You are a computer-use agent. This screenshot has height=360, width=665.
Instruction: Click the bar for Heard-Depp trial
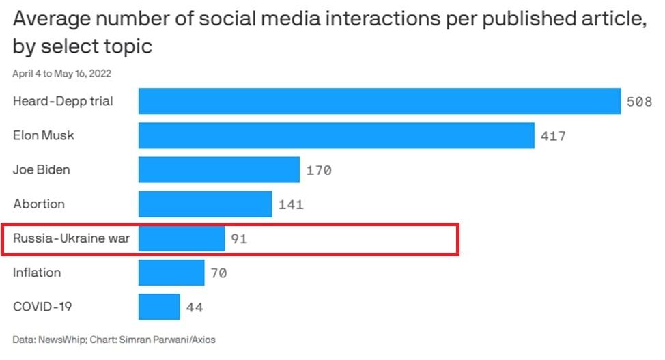click(x=380, y=101)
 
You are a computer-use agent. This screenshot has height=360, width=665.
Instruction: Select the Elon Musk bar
click(x=337, y=135)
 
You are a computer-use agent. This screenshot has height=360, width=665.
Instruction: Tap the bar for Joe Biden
click(x=219, y=170)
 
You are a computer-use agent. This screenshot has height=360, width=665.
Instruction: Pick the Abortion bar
click(x=206, y=204)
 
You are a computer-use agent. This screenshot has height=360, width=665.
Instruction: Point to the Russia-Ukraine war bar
click(x=182, y=238)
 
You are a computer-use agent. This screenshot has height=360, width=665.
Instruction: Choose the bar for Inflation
click(x=171, y=273)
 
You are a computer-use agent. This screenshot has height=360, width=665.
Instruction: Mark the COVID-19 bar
click(x=159, y=307)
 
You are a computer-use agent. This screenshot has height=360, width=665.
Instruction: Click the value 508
click(x=639, y=102)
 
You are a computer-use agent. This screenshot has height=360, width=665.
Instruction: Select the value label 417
click(x=553, y=136)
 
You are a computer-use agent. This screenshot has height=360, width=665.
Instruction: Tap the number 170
click(x=319, y=171)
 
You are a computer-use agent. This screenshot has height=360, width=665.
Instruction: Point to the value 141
click(x=291, y=205)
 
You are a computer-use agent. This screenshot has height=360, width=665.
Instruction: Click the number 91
click(x=239, y=239)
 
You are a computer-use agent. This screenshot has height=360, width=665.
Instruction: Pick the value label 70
click(x=219, y=273)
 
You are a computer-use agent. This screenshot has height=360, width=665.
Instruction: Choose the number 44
click(x=195, y=307)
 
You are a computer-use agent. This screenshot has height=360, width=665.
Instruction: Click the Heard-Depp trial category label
click(x=63, y=102)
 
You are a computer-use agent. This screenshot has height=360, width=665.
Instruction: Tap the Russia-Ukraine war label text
click(x=71, y=238)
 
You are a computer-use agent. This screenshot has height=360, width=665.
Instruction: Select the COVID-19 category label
click(x=42, y=307)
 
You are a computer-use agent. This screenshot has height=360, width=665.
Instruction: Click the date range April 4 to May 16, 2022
click(x=62, y=74)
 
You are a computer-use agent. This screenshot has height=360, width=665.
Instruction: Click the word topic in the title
click(x=124, y=46)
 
